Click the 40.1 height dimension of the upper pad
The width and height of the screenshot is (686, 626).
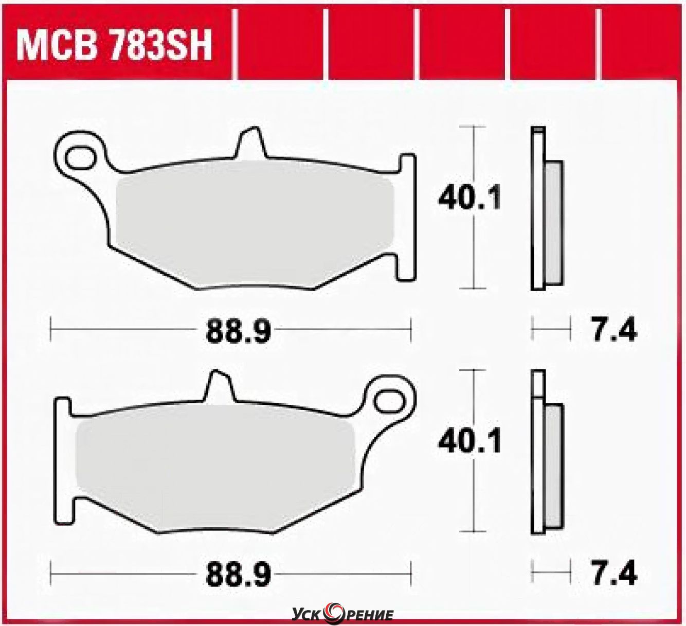point(470,198)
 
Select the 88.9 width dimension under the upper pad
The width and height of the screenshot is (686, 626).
point(239,331)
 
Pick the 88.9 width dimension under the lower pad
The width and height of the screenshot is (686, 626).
point(239,574)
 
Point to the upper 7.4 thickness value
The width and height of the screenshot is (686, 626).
point(614,330)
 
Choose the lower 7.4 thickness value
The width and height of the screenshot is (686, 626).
point(614,574)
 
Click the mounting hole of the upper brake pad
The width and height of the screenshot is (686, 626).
point(81,158)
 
